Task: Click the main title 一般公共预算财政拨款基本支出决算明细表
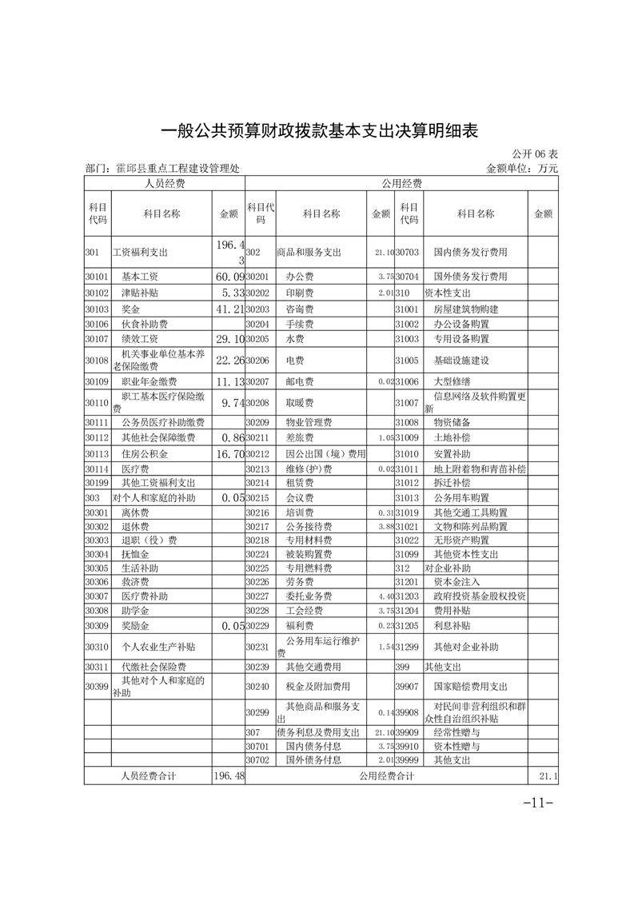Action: pos(320,130)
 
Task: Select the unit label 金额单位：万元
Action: pos(521,169)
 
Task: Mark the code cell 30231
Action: pos(257,645)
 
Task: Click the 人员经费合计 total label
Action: pos(149,775)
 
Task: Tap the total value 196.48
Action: pos(229,775)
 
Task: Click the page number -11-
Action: pos(538,803)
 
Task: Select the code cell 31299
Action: pos(408,645)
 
